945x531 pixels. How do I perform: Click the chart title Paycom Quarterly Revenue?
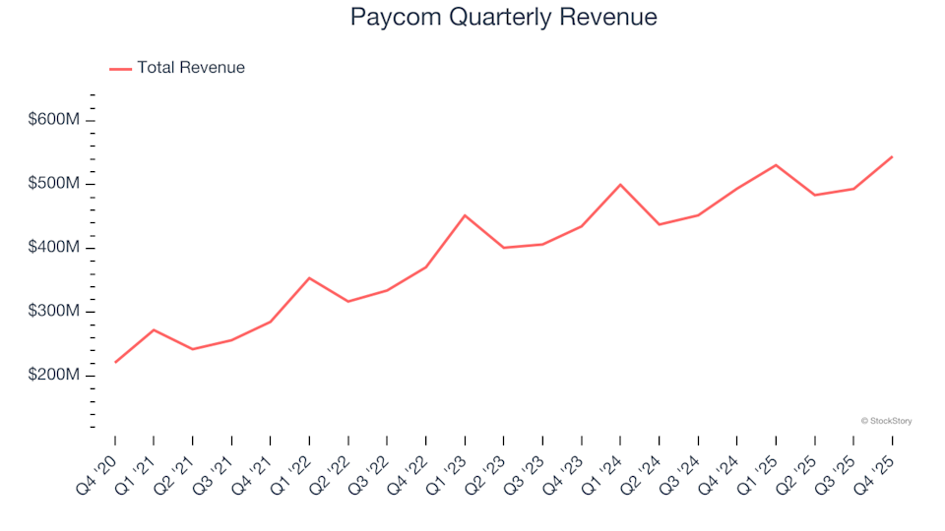[x=503, y=17]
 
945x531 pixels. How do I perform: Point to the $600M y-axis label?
[x=54, y=120]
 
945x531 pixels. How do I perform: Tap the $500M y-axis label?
[x=54, y=184]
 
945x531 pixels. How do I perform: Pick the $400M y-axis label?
[x=54, y=248]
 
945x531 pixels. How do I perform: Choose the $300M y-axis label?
[x=54, y=312]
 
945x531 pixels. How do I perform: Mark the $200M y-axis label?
[x=54, y=376]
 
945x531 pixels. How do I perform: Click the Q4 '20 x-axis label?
[x=98, y=469]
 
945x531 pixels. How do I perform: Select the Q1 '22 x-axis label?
[x=293, y=469]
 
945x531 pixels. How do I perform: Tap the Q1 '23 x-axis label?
[x=449, y=469]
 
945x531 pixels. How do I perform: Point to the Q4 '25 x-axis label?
[x=876, y=469]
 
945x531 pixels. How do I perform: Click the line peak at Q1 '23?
[x=465, y=215]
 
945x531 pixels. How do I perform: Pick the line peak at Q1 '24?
[x=620, y=184]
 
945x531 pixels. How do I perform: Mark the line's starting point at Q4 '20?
[x=115, y=363]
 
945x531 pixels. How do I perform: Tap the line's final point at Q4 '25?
[x=892, y=156]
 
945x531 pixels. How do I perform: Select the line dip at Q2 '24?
[x=660, y=224]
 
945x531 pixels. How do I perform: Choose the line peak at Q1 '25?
[x=776, y=165]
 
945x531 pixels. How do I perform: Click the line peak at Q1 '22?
[x=309, y=278]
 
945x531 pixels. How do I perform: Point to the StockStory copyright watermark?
[x=886, y=421]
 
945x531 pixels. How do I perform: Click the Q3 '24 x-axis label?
[x=682, y=469]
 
